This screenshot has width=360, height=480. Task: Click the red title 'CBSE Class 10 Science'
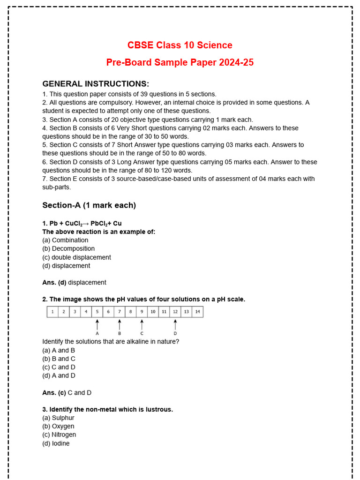[x=180, y=45]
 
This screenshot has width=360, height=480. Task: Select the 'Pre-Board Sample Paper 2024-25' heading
[x=180, y=62]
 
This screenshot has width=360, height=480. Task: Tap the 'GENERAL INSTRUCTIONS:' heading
[x=96, y=84]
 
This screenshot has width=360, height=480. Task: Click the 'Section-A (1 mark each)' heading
[x=89, y=205]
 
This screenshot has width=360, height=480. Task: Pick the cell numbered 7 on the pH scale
[x=120, y=312]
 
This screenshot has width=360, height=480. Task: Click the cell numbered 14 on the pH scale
[x=197, y=312]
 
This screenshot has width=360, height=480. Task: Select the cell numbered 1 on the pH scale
[x=52, y=312]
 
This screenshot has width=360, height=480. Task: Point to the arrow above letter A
[x=97, y=324]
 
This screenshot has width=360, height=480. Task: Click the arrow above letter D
[x=175, y=324]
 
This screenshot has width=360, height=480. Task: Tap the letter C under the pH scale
[x=142, y=333]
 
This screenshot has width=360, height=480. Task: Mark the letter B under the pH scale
[x=120, y=333]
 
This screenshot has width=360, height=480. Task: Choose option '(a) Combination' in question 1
[x=65, y=240]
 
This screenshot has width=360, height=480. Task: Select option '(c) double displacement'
[x=76, y=257]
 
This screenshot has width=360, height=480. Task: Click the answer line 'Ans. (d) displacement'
[x=74, y=283]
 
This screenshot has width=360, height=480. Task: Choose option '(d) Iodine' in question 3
[x=56, y=443]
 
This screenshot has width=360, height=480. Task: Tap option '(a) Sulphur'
[x=58, y=418]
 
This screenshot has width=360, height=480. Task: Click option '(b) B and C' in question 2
[x=59, y=359]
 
